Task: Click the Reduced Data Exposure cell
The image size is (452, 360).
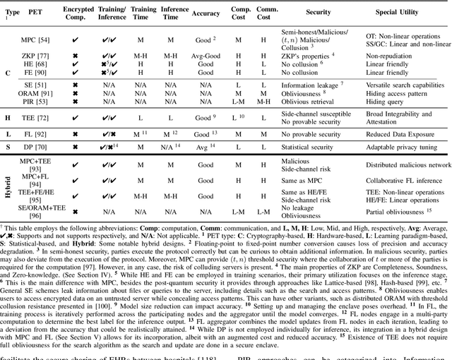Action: tap(400, 133)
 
